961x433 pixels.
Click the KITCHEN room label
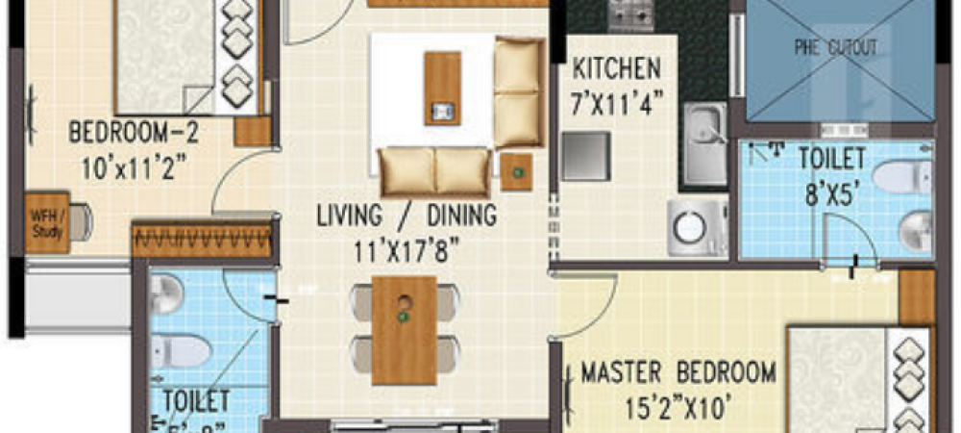pos(616,69)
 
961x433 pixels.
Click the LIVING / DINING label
pos(407,215)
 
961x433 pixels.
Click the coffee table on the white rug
pos(442,88)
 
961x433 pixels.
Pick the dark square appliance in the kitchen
pos(585,154)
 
